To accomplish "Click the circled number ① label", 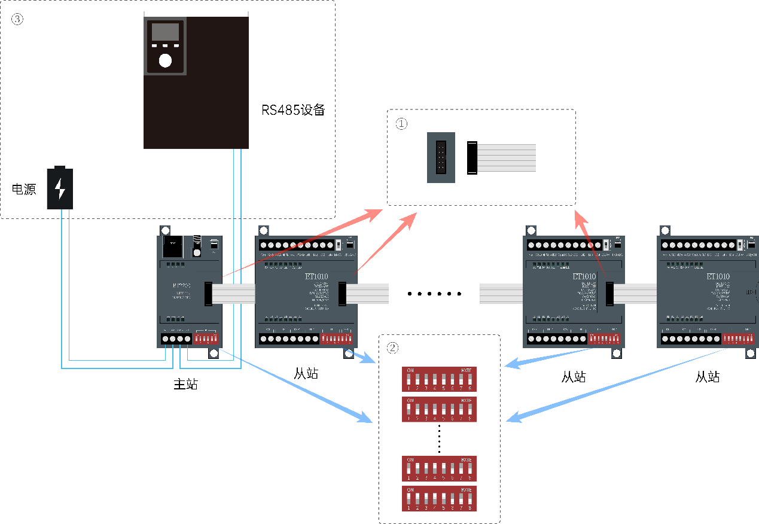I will [401, 124].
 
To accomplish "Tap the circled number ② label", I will [392, 348].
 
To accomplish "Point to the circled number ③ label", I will [17, 19].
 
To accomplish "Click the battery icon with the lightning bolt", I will [60, 188].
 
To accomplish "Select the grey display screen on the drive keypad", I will [165, 32].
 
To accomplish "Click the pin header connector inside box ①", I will [441, 157].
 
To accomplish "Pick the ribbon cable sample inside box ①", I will [506, 158].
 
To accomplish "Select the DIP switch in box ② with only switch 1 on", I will [439, 409].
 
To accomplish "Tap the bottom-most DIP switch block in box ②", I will [439, 498].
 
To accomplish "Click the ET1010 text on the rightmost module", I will [718, 277].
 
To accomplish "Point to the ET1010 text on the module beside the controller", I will [316, 277].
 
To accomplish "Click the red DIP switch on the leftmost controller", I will [206, 339].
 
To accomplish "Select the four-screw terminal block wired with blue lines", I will [176, 339].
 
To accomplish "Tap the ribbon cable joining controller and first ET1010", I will [233, 293].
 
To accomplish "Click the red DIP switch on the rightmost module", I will [738, 339].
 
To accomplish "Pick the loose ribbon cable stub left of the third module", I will [501, 293].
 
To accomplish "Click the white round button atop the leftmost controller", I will [197, 252].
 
